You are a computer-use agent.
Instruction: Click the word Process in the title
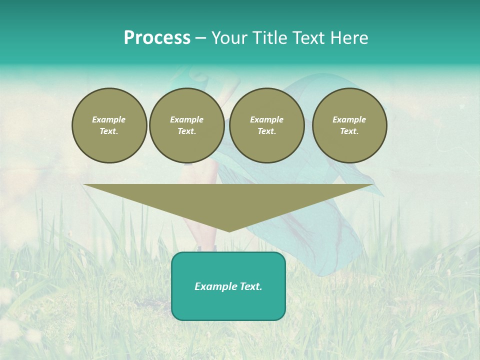[157, 38]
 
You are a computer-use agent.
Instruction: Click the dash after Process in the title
[201, 38]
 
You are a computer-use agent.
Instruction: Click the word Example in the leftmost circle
[108, 119]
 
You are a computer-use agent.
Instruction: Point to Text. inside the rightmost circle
[349, 131]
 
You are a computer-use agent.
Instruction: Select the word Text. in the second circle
[186, 131]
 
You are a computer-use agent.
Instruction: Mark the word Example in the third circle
[266, 119]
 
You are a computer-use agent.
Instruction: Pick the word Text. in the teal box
[250, 286]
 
